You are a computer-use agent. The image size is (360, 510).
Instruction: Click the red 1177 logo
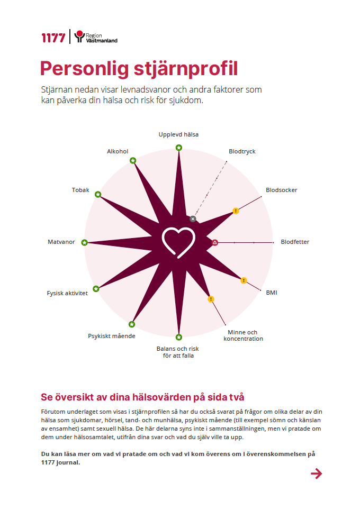point(53,38)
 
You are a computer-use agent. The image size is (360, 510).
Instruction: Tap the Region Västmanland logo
point(96,37)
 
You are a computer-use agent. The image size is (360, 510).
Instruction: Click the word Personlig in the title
point(84,69)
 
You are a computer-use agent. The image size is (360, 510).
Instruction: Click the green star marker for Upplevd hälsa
point(179,148)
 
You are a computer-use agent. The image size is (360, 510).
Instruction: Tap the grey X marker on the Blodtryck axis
point(193,219)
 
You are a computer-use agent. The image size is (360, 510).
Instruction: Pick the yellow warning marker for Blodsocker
point(236,211)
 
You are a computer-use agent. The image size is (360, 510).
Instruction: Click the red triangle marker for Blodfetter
point(215,242)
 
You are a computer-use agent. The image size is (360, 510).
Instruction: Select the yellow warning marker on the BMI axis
point(244,280)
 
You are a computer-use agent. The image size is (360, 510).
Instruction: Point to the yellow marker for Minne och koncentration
point(211,299)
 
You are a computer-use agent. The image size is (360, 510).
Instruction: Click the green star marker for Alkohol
point(133,160)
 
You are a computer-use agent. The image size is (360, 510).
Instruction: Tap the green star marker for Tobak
point(98,195)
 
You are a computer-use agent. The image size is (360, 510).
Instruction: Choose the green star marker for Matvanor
point(85,242)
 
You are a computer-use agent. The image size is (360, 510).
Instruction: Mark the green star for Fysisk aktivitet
point(96,289)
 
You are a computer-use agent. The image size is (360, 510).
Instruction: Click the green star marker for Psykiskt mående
point(131,324)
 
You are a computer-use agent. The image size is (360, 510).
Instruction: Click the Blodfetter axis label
point(295,242)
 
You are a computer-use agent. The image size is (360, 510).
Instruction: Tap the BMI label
point(272,293)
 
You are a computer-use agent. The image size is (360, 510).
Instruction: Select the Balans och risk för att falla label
point(178,352)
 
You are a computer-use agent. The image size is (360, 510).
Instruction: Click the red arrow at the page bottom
point(317,473)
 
